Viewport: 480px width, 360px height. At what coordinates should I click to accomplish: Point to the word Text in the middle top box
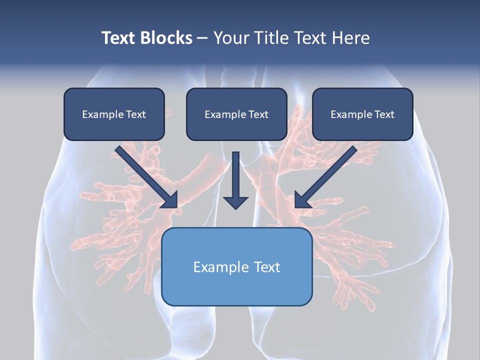point(258,114)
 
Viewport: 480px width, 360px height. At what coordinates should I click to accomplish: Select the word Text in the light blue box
point(267,267)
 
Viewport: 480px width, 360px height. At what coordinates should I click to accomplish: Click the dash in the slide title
point(202,38)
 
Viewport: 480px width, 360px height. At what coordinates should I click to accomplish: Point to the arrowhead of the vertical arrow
point(235,202)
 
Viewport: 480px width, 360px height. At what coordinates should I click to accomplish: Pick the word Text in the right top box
point(384,114)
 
